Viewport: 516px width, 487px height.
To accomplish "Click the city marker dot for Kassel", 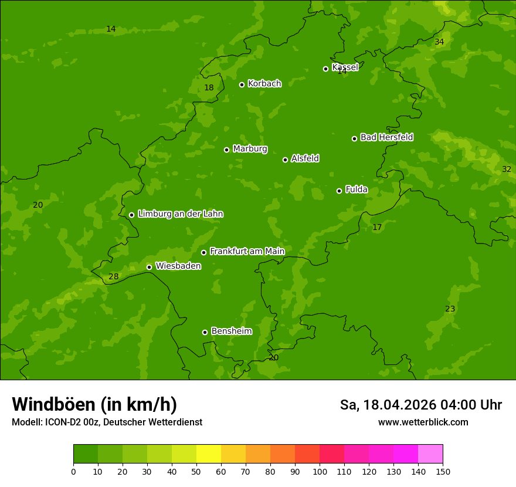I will tap(325, 69).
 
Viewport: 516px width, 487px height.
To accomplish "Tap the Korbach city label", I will tap(264, 84).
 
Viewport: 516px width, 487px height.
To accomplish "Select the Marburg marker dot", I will tap(226, 150).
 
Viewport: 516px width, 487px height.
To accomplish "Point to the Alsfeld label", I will tap(305, 158).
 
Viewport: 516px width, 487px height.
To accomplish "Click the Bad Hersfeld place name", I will tap(386, 137).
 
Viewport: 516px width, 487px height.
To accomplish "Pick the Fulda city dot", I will tap(339, 191).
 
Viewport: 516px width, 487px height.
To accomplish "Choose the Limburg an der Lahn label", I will tap(180, 214).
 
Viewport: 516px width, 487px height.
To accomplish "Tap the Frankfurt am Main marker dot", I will tap(203, 252).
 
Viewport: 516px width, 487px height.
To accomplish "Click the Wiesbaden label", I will tap(178, 266).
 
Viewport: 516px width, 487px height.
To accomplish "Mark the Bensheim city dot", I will tap(205, 332).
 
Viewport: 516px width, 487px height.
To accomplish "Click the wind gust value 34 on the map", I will tap(439, 42).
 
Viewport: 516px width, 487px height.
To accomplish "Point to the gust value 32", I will tap(507, 169).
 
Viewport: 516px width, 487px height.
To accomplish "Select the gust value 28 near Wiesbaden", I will tap(114, 277).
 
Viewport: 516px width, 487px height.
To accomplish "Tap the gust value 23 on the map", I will tap(450, 309).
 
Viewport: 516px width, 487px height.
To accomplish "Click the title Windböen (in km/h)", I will tap(94, 404).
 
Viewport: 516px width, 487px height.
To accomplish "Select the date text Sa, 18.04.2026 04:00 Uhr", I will tap(420, 405).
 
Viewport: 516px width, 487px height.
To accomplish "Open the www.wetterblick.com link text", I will tap(423, 422).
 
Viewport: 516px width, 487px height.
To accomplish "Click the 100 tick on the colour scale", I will tap(320, 471).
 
